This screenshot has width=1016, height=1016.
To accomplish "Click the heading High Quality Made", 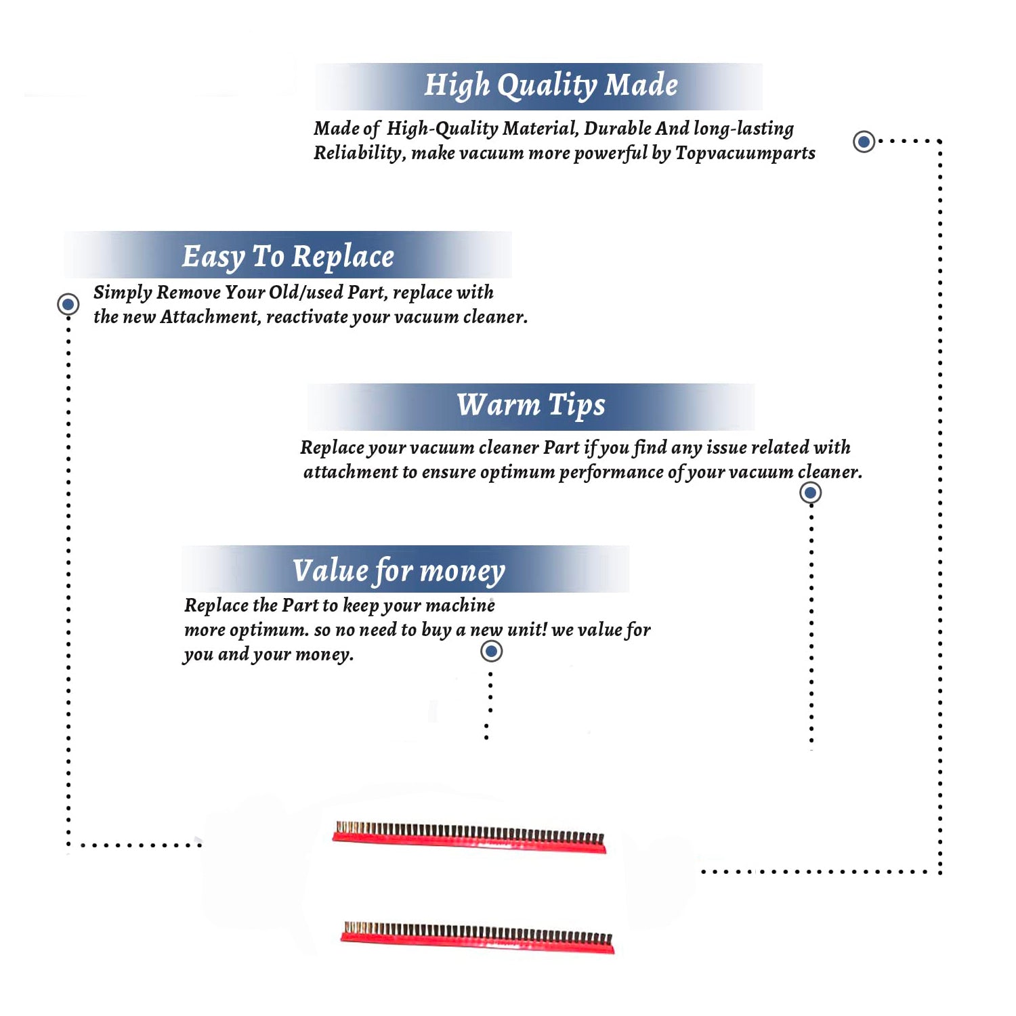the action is coord(551,86).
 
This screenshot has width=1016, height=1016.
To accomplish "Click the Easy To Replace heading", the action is coord(288,257).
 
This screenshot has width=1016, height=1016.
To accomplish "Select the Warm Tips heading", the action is coord(530,406).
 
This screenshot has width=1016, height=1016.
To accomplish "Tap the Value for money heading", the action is coord(399,571).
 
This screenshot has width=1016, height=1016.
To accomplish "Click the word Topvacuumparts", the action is coord(745,153).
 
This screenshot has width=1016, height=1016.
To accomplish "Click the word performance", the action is coord(611,472).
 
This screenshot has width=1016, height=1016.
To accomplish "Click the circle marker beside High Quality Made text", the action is coord(864,142).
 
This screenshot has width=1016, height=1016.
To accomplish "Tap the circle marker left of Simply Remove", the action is coord(68,304).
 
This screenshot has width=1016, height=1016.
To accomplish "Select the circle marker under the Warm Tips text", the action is coord(810,492).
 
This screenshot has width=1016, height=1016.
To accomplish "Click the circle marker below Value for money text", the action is coord(491,652).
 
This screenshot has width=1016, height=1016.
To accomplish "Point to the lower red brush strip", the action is coord(478,937).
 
